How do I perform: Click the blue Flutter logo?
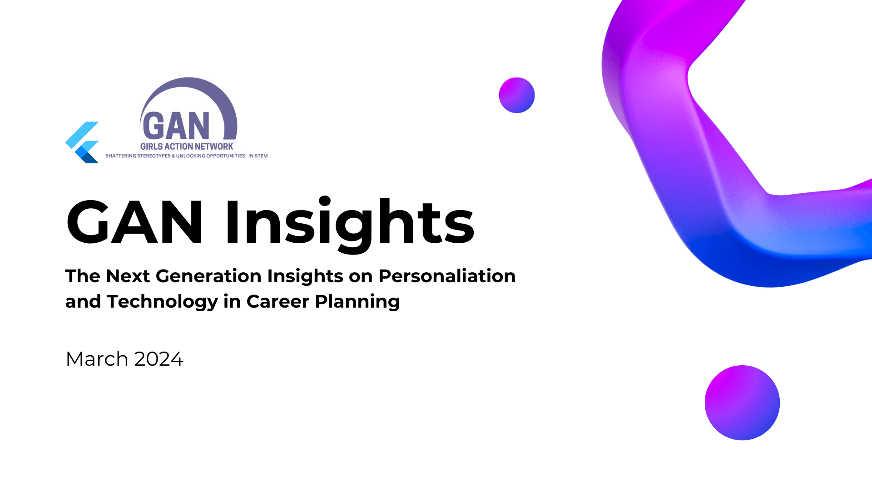tap(82, 142)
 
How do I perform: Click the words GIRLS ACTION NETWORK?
tap(187, 146)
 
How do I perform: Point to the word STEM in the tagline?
tap(262, 156)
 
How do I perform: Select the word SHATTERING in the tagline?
tap(121, 156)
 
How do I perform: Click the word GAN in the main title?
tap(134, 222)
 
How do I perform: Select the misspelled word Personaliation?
tap(447, 276)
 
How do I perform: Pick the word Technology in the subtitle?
tap(162, 302)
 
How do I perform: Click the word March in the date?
tap(97, 359)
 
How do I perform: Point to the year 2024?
tap(159, 359)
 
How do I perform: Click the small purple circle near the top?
tap(517, 95)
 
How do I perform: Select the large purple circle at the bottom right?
tap(742, 403)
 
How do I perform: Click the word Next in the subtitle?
tap(128, 276)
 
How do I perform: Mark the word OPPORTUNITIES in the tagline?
tap(226, 156)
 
